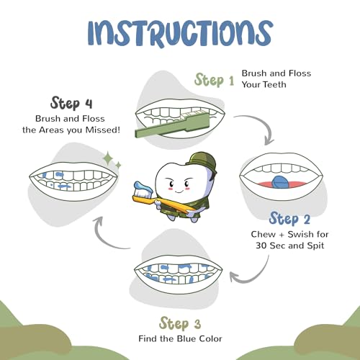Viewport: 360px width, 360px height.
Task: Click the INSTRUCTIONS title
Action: tap(180, 33)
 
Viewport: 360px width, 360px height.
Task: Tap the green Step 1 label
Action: tap(214, 80)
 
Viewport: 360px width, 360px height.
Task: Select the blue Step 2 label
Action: tap(289, 219)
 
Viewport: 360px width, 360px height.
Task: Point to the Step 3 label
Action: tap(180, 323)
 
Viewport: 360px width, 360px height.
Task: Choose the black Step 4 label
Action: tap(71, 104)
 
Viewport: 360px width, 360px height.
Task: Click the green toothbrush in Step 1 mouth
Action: tap(173, 126)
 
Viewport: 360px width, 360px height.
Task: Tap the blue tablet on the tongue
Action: tap(281, 181)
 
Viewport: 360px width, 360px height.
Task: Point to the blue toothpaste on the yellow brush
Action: tap(143, 187)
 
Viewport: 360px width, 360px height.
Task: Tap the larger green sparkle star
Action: tap(108, 158)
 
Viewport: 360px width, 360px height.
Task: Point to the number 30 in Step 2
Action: tap(261, 246)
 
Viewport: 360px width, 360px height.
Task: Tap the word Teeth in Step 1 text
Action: tap(275, 84)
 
